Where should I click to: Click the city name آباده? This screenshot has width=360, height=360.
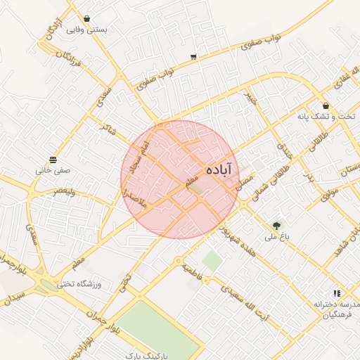tap(221, 170)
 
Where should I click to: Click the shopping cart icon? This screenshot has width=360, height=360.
tap(193, 56)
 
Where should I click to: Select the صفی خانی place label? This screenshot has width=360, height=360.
tap(54, 170)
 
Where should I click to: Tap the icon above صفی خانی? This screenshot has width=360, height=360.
tap(54, 159)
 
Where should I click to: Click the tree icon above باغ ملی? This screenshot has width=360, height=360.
tap(276, 226)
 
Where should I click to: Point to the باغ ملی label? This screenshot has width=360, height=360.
tap(276, 237)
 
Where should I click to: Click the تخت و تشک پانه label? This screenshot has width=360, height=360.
tap(326, 116)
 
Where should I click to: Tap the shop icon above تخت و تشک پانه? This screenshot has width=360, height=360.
tap(326, 105)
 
